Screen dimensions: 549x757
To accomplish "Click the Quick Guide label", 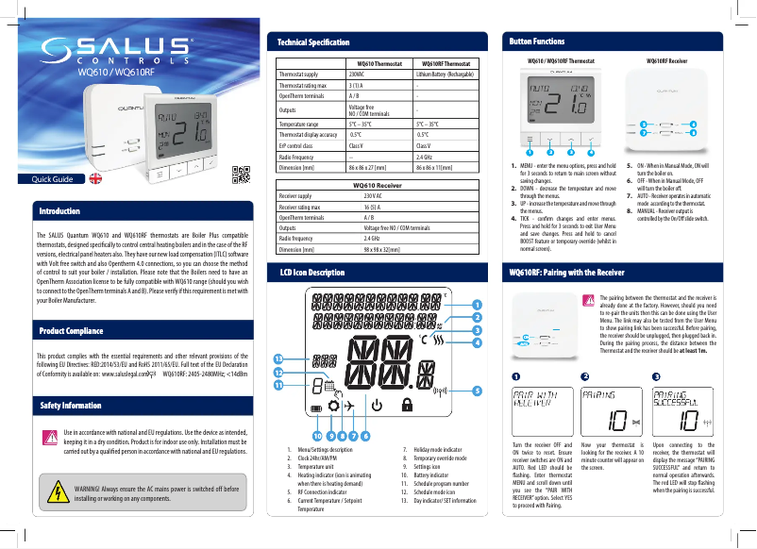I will [54, 177].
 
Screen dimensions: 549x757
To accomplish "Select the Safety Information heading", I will [70, 405].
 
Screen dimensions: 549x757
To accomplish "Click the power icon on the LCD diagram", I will [378, 407].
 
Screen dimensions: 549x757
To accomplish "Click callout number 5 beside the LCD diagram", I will [477, 390].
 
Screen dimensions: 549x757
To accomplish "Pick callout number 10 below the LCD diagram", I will [317, 435].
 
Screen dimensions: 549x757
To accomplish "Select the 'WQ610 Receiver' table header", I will [379, 186].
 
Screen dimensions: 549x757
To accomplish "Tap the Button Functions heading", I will [537, 42].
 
